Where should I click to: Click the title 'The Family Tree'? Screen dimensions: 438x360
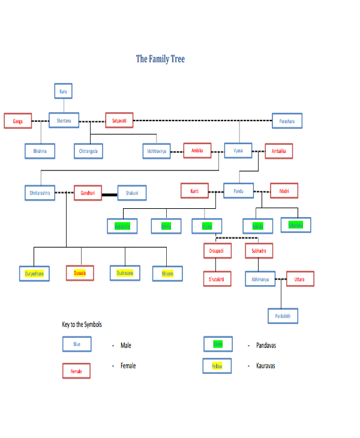point(160,59)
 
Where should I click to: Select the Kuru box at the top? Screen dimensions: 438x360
point(63,91)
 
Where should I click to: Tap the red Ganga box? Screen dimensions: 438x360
point(17,121)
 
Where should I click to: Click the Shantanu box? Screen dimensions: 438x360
point(64,121)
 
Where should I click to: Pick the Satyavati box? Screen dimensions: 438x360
point(119,121)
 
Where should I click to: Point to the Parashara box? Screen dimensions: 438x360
point(287,121)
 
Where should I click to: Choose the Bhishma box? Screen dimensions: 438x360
point(40,151)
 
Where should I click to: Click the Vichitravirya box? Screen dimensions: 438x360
point(157,151)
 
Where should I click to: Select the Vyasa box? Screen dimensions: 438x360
point(238,151)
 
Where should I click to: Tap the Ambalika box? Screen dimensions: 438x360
point(278,151)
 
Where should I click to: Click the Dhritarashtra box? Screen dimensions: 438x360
point(40,193)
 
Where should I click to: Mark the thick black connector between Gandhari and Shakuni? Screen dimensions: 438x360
point(109,194)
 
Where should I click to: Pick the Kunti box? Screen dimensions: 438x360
point(194,191)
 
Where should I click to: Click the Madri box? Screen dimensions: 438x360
point(284,191)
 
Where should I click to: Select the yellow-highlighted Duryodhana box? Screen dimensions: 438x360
point(33,274)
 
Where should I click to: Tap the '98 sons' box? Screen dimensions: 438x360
point(167,274)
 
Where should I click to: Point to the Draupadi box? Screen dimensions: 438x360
point(217,250)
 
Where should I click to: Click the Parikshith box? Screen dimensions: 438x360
point(282,316)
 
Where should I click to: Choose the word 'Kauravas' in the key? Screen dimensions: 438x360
point(266,365)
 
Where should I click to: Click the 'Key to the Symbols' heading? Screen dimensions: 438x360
point(82,325)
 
